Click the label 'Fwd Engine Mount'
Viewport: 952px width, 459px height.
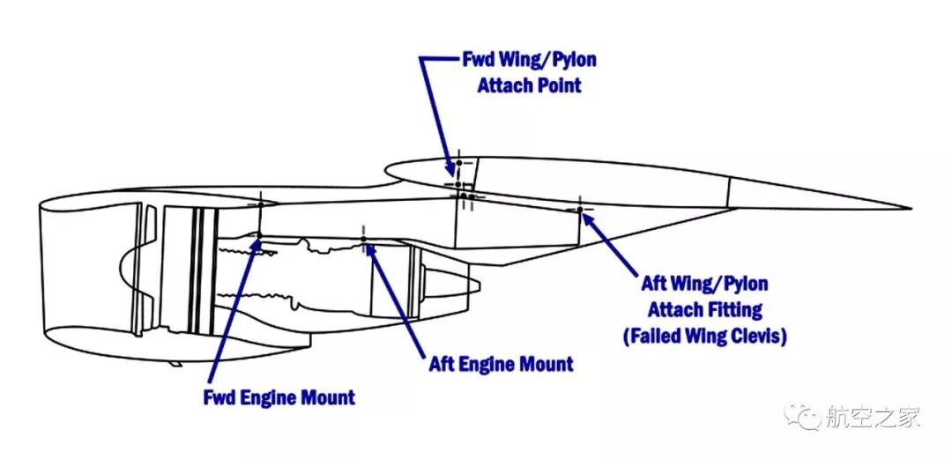click(x=279, y=397)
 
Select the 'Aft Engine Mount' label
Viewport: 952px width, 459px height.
click(x=501, y=364)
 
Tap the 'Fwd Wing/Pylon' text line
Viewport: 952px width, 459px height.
click(x=529, y=61)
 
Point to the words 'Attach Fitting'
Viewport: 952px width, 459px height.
click(x=704, y=310)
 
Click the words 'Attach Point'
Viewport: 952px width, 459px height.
click(x=529, y=86)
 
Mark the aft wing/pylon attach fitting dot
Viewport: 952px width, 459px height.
click(x=579, y=210)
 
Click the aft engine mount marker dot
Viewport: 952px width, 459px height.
click(x=363, y=239)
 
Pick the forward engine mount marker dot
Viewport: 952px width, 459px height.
click(x=258, y=235)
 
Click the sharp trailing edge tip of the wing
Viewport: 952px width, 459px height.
click(x=909, y=209)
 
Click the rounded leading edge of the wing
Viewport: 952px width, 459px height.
click(x=386, y=171)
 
